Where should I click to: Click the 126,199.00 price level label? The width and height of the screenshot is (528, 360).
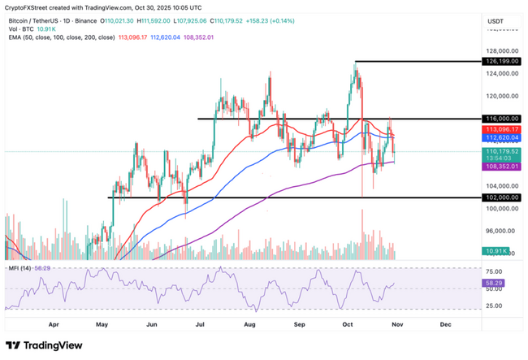(503, 61)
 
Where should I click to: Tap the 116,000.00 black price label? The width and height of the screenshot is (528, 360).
(503, 119)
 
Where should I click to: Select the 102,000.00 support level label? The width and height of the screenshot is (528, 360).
(503, 197)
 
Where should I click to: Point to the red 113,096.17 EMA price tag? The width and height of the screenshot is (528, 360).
(503, 129)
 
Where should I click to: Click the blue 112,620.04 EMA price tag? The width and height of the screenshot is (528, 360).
(503, 137)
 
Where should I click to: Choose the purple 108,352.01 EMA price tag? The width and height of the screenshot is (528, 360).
(503, 166)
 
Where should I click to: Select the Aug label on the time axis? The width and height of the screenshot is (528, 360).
(249, 323)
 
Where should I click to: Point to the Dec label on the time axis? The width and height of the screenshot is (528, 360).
(445, 323)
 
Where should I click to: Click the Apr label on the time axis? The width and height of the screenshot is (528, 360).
(54, 323)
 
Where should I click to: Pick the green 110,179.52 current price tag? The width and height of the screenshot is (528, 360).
(503, 150)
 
